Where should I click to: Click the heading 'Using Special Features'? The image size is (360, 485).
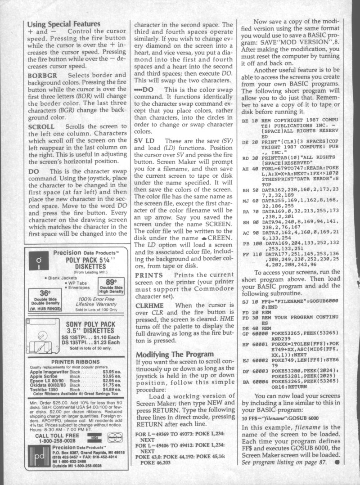63,24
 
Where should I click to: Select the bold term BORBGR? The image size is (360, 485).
43,76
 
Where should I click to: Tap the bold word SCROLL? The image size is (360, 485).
41,127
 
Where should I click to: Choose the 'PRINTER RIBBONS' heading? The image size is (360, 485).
76,361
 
